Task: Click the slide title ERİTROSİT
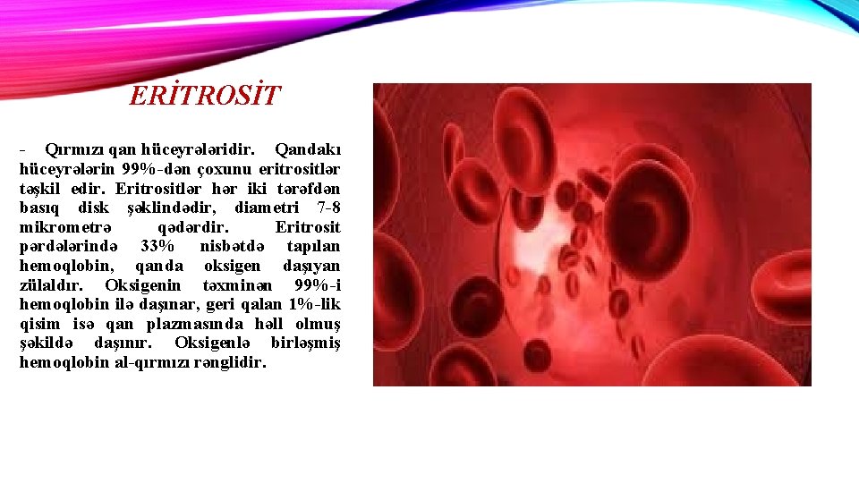point(205,95)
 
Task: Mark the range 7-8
point(323,208)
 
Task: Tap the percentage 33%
point(157,247)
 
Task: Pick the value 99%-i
point(317,285)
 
